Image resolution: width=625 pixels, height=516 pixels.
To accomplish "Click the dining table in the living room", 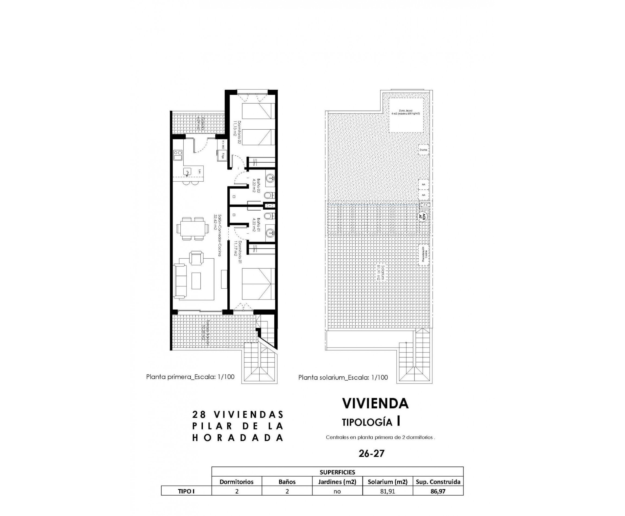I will [x=191, y=229].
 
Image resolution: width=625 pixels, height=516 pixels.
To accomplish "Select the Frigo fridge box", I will [x=222, y=155].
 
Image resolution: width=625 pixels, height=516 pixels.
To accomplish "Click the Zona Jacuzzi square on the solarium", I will [x=406, y=115].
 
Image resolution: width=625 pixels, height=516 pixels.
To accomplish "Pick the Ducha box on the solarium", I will [x=423, y=150].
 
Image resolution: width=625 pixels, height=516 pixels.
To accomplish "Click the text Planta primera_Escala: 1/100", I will [x=190, y=377].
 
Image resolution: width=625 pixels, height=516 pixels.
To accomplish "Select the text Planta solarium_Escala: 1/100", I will [x=343, y=378].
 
